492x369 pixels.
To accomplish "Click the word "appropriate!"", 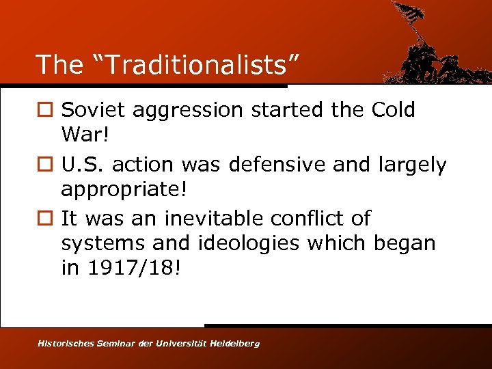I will point(124,188).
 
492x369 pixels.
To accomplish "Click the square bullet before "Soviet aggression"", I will point(44,111).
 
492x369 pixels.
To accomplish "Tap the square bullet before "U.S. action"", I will point(44,165).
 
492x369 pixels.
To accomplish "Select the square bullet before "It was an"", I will point(44,219).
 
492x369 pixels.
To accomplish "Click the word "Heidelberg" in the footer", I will point(234,343).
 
